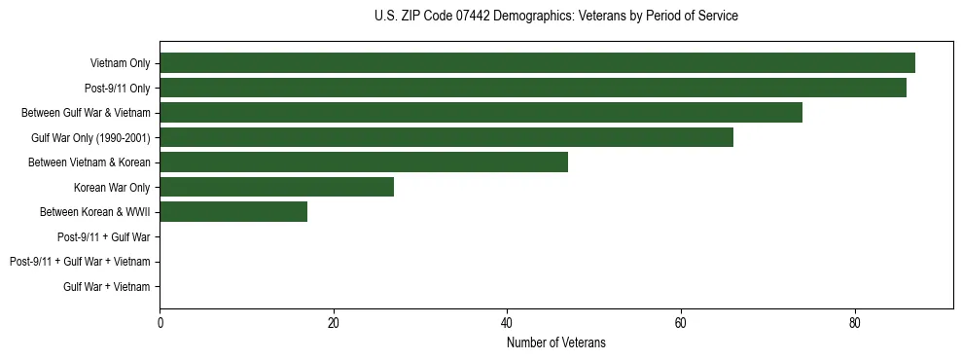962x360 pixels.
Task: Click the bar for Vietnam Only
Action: pyautogui.click(x=537, y=63)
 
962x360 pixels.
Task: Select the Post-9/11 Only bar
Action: pyautogui.click(x=533, y=88)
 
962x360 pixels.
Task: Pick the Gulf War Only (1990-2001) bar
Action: pyautogui.click(x=446, y=137)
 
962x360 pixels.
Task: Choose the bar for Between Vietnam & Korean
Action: pyautogui.click(x=364, y=162)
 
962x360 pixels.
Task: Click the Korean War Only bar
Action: pyautogui.click(x=276, y=187)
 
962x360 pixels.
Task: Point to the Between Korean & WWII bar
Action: pyautogui.click(x=233, y=211)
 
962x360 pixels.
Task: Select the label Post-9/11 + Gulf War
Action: pyautogui.click(x=103, y=236)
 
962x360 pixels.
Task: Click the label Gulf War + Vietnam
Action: pyautogui.click(x=106, y=286)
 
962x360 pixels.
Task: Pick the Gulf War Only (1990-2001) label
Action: pyautogui.click(x=90, y=137)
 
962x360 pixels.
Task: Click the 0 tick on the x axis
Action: pyautogui.click(x=160, y=324)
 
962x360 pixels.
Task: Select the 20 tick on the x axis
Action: pyautogui.click(x=334, y=324)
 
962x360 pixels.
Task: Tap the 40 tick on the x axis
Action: pyautogui.click(x=507, y=324)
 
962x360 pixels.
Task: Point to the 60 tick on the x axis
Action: pyautogui.click(x=681, y=324)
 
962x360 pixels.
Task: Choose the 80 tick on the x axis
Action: pyautogui.click(x=854, y=324)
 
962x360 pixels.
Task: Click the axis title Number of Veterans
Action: pyautogui.click(x=555, y=342)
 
